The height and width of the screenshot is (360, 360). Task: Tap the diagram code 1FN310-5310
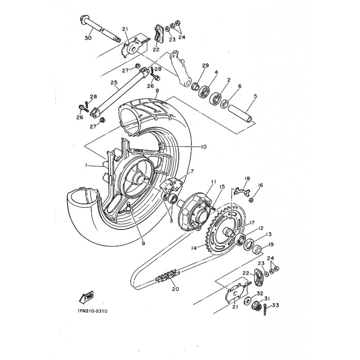pyautogui.click(x=93, y=311)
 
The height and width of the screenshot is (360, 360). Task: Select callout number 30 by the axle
pyautogui.click(x=88, y=38)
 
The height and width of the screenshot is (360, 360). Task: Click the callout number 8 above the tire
pyautogui.click(x=157, y=91)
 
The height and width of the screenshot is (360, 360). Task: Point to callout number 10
pyautogui.click(x=203, y=147)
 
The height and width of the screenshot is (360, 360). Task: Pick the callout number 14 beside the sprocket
pyautogui.click(x=194, y=248)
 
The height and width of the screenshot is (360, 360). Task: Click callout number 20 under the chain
pyautogui.click(x=175, y=289)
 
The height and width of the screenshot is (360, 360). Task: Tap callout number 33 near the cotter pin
pyautogui.click(x=275, y=306)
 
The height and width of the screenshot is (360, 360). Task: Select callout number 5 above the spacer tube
pyautogui.click(x=255, y=96)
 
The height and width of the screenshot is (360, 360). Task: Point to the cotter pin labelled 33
pyautogui.click(x=265, y=309)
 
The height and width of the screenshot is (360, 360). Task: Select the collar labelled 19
pyautogui.click(x=257, y=250)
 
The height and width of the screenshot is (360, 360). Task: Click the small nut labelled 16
pyautogui.click(x=251, y=200)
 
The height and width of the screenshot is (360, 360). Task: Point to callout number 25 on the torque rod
pyautogui.click(x=114, y=82)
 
